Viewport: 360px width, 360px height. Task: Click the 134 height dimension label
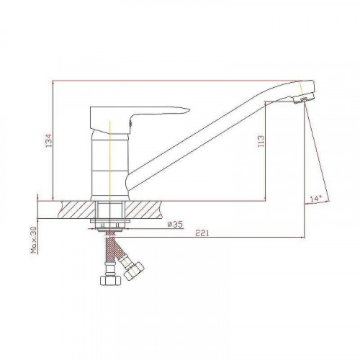click(49, 140)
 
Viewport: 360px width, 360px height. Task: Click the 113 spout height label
click(261, 141)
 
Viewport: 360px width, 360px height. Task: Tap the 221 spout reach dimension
click(202, 233)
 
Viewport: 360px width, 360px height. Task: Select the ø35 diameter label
click(175, 225)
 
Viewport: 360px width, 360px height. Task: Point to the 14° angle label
click(315, 199)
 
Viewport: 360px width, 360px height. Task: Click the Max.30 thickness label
click(34, 240)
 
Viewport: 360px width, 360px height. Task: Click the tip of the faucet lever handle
click(189, 110)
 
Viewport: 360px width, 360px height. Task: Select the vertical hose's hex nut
click(109, 280)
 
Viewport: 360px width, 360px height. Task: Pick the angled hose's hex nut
click(134, 271)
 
